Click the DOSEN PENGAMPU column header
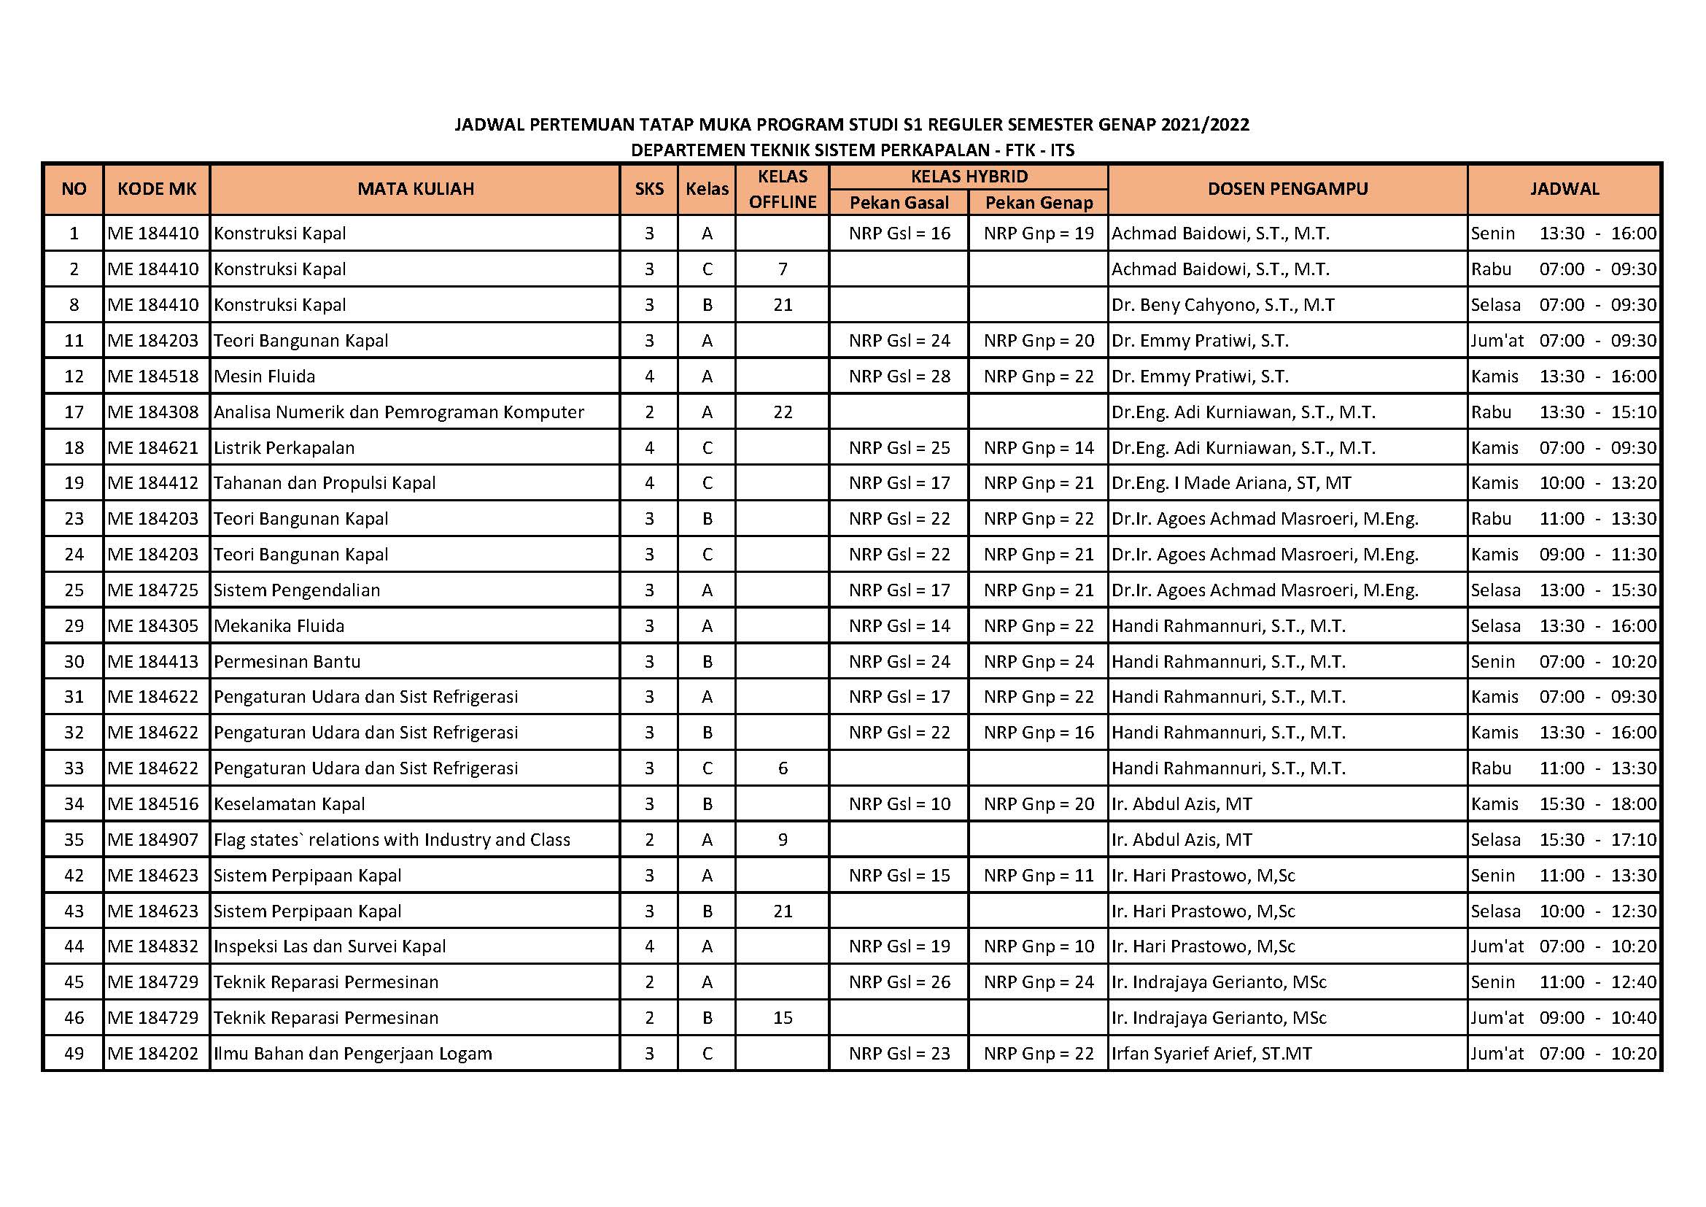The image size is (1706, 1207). coord(1287,189)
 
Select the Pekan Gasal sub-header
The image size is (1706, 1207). coord(899,202)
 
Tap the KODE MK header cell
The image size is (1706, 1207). coord(157,189)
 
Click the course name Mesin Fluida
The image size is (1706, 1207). coord(265,376)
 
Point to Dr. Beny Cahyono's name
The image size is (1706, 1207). coord(1222,305)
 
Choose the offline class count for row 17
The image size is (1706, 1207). coord(783,412)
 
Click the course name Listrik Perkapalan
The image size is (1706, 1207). coord(284,447)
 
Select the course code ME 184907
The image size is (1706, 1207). coord(153,839)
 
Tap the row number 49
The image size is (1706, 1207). coord(74,1053)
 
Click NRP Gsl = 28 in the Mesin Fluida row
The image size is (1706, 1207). coord(899,376)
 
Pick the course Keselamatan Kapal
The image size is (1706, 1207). coord(289,803)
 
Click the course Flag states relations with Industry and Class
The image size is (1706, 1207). coord(392,839)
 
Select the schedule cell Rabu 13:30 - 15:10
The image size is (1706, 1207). coord(1563,412)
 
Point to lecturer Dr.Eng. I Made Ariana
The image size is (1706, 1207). coord(1230,483)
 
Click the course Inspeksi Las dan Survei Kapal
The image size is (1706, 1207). coord(330,946)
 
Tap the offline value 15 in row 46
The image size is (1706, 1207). coord(783,1017)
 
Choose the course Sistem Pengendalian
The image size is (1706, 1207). coord(296,590)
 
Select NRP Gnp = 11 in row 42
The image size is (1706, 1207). coord(1038,875)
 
